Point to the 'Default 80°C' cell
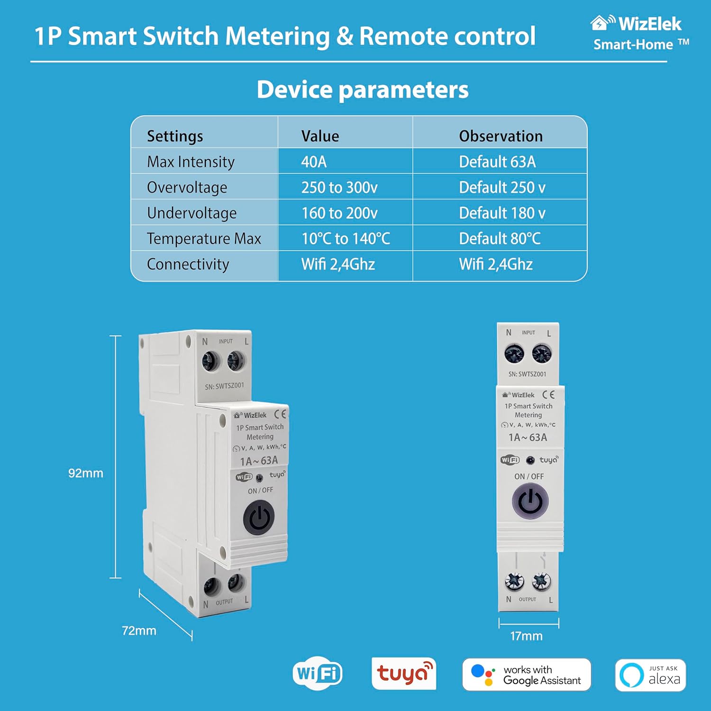pyautogui.click(x=500, y=238)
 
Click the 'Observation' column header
pyautogui.click(x=501, y=136)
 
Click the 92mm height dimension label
pyautogui.click(x=85, y=473)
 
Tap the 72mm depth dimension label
pyautogui.click(x=139, y=630)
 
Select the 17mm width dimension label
pyautogui.click(x=526, y=636)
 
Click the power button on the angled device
pyautogui.click(x=259, y=518)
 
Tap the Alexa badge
pyautogui.click(x=650, y=675)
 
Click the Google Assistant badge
pyautogui.click(x=526, y=675)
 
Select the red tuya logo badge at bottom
pyautogui.click(x=403, y=674)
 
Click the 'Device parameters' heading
pyautogui.click(x=363, y=90)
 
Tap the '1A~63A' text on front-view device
pyautogui.click(x=528, y=438)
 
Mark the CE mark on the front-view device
pyautogui.click(x=548, y=395)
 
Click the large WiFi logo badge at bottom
pyautogui.click(x=318, y=674)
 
